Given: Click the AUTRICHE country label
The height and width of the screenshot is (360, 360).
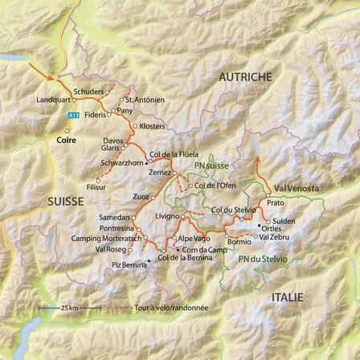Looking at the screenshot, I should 245,76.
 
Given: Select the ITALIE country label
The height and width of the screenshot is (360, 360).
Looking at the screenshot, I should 288,297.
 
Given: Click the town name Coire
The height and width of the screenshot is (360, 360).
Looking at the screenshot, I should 67,140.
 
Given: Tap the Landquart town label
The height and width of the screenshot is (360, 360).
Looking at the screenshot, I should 52,100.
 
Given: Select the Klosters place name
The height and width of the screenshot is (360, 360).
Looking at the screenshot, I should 153,126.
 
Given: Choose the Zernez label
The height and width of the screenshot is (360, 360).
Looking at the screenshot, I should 161,172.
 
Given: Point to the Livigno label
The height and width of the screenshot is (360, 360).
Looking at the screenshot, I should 167,216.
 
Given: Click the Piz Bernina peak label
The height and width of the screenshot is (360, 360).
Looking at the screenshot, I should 129,264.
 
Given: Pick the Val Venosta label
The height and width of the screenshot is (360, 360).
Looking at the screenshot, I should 297,188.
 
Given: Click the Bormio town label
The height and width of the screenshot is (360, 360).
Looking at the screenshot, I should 239,241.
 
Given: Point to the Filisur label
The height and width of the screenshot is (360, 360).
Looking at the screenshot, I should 96,186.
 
